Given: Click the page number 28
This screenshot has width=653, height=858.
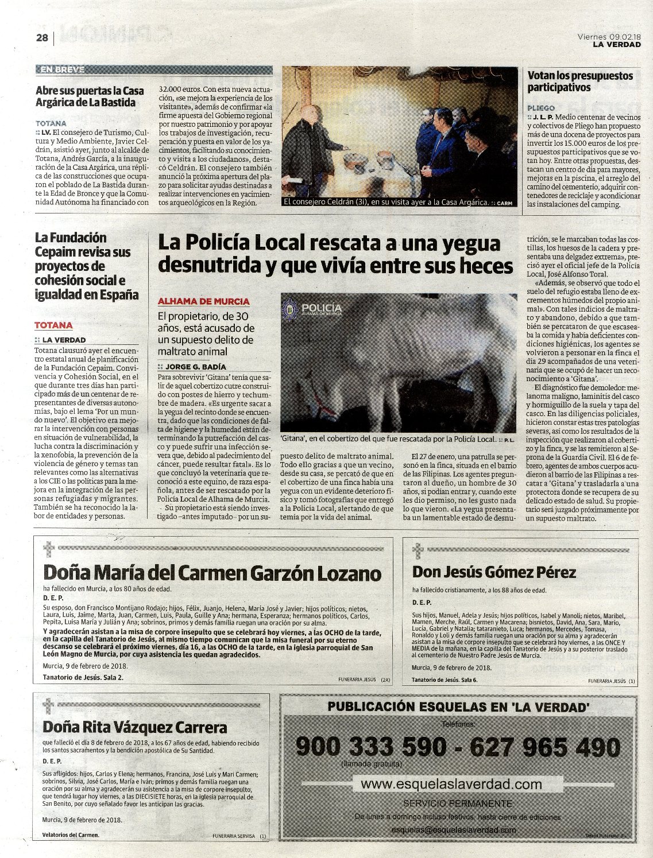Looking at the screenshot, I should (42, 38).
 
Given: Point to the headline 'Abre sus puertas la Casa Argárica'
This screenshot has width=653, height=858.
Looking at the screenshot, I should (90, 96).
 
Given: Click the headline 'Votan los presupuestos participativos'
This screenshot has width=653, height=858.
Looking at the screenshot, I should (580, 81).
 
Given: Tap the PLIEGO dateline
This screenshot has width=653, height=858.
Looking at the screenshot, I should (541, 108).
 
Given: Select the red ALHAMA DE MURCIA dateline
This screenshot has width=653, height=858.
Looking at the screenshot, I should (203, 301).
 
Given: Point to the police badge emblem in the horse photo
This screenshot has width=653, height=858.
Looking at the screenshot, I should (290, 309).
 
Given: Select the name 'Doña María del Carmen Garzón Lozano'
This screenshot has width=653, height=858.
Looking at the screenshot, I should (212, 573).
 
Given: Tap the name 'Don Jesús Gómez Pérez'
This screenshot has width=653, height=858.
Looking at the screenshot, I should (494, 572).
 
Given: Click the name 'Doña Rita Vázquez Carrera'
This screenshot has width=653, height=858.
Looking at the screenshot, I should (135, 728).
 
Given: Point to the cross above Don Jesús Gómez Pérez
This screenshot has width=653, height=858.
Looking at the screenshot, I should (418, 550).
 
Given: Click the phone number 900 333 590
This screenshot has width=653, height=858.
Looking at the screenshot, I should (370, 747).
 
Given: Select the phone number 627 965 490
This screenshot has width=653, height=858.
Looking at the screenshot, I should (545, 747).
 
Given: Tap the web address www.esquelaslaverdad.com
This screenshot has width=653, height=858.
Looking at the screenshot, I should (451, 784).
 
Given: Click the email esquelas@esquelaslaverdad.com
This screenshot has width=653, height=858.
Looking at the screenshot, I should (454, 830).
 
